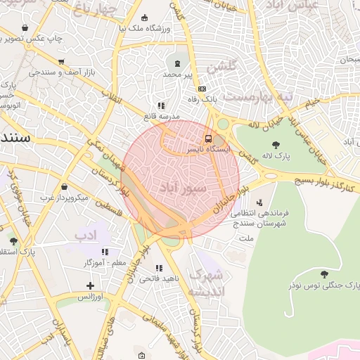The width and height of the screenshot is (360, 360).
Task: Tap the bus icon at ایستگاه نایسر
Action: click(x=208, y=139)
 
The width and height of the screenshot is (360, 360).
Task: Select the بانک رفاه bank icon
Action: click(x=202, y=89)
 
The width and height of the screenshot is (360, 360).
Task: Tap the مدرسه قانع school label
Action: click(x=162, y=115)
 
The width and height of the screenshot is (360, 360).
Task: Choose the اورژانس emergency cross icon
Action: click(x=90, y=285)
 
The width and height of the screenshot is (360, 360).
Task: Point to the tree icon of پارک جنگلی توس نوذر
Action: click(x=323, y=274)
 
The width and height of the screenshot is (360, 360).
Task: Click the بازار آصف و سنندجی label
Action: click(x=60, y=72)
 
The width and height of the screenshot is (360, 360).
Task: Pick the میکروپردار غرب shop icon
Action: click(x=65, y=187)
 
